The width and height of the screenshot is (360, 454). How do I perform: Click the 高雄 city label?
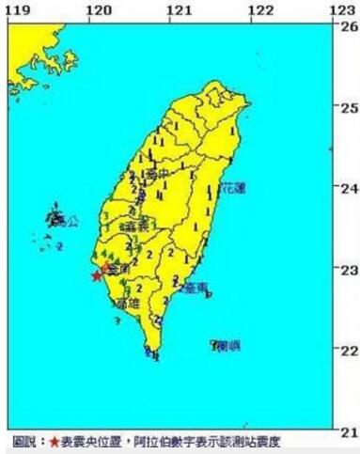coord(125,304)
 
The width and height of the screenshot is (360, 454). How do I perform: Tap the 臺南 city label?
coord(117,270)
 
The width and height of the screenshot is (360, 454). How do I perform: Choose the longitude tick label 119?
coord(13,8)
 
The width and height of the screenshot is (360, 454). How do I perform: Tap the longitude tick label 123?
coord(342,8)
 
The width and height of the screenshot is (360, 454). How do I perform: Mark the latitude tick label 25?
coord(349,107)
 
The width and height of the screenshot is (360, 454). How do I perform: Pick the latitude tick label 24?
coord(349,189)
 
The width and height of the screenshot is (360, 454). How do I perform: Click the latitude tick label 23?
coord(349,270)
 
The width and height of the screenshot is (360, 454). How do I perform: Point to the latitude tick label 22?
coord(349,352)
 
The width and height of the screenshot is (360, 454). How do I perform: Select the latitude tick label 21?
coord(349,432)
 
